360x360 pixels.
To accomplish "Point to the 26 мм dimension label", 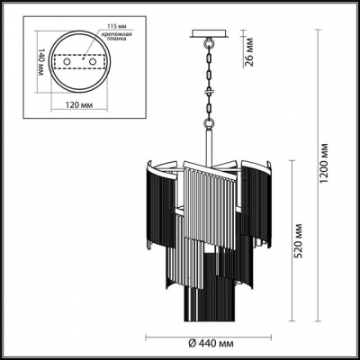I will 249,54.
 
